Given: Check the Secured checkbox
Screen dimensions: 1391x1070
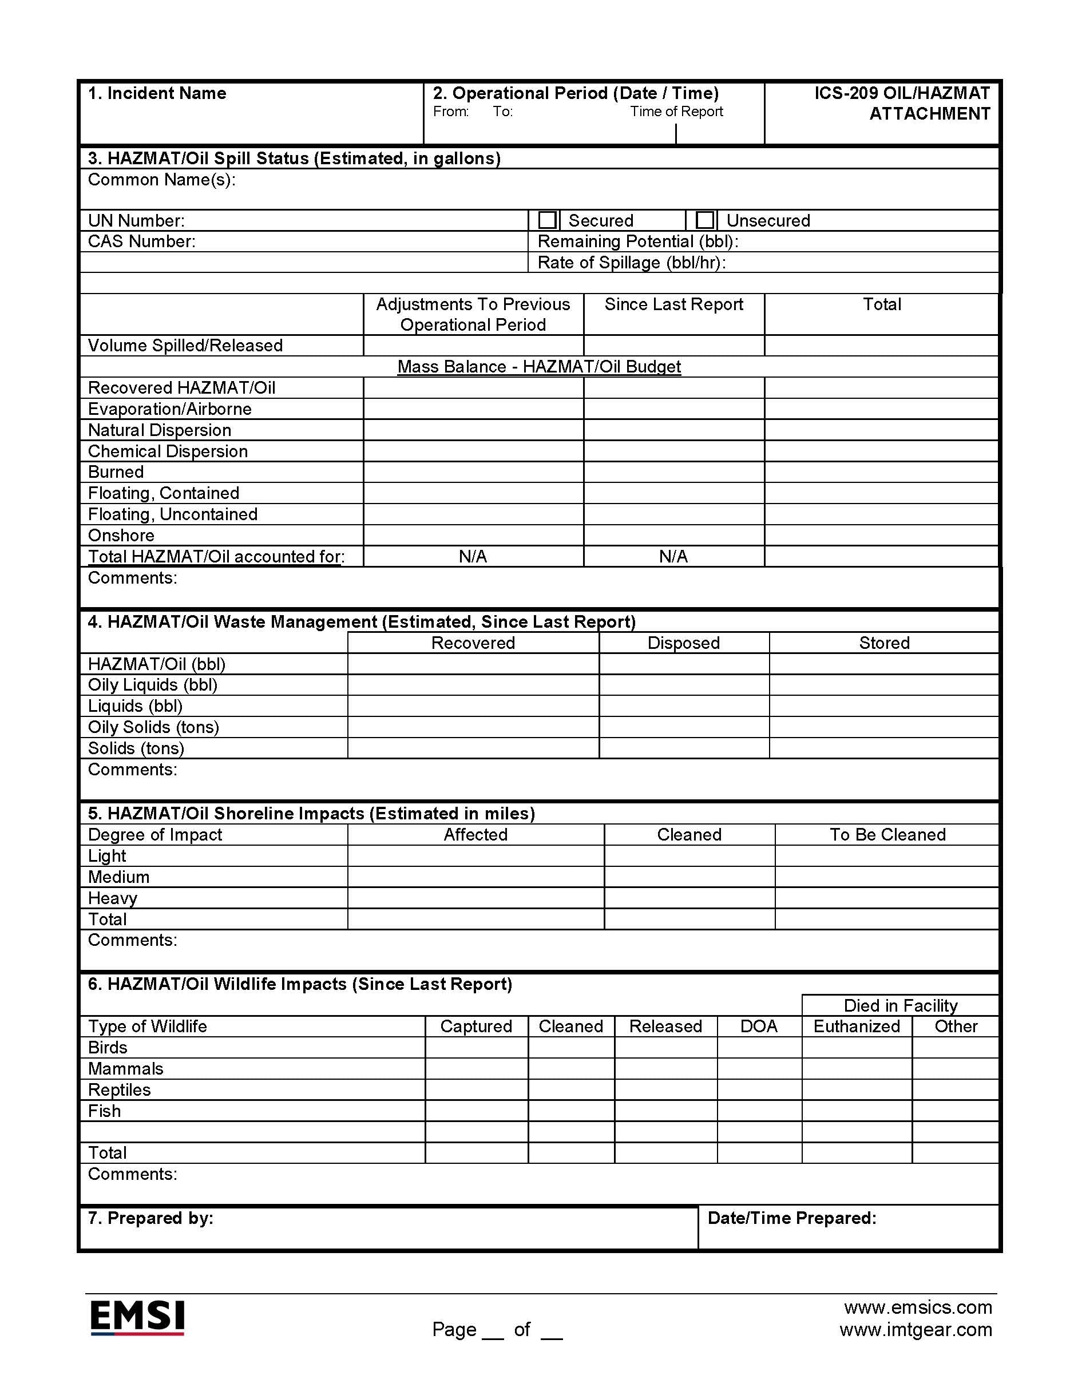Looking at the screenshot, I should tap(547, 220).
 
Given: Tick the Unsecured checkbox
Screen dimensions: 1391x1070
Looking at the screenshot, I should tap(704, 220).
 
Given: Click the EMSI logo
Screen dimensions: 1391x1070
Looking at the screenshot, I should tap(137, 1317).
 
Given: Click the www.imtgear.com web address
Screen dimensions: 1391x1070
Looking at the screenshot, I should tap(916, 1330).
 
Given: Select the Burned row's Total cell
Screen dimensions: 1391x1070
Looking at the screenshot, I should tap(881, 472).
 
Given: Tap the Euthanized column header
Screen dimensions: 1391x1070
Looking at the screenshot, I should tap(857, 1027).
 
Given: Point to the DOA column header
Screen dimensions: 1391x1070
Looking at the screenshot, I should tap(759, 1027).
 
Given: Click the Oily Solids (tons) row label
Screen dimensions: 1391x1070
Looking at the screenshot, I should tap(153, 727).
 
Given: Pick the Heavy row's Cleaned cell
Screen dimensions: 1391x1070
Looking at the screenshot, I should tap(689, 898).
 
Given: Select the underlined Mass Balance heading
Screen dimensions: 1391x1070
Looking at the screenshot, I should tap(539, 367).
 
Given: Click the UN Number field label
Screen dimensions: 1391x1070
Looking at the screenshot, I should tap(136, 221).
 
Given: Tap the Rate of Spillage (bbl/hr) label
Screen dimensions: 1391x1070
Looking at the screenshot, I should tap(632, 263).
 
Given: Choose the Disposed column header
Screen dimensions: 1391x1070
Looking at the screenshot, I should tap(683, 643).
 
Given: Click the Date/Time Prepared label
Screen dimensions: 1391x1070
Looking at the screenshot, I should tap(792, 1218).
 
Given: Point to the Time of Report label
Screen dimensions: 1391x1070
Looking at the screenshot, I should tap(676, 112).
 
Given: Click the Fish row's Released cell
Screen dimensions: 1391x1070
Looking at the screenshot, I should tap(665, 1111).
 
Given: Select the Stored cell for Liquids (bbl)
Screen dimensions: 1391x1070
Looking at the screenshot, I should tap(883, 706).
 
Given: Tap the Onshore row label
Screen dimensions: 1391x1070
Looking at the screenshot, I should tap(121, 536).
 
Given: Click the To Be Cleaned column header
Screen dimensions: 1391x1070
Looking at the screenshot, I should tap(887, 835).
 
